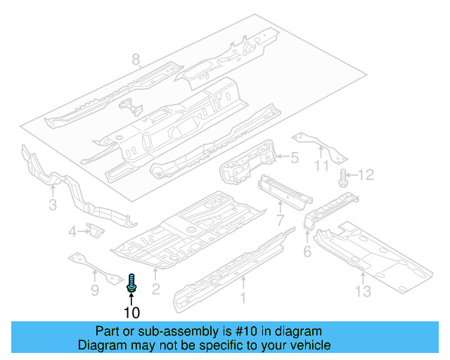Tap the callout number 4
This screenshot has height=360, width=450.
coord(72,231)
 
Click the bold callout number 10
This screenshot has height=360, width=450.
coord(132,312)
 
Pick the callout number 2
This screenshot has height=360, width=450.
coord(156,288)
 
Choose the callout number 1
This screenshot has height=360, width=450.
coord(244,300)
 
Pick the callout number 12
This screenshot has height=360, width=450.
coord(368,174)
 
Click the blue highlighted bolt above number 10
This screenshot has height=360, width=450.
coord(132,282)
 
